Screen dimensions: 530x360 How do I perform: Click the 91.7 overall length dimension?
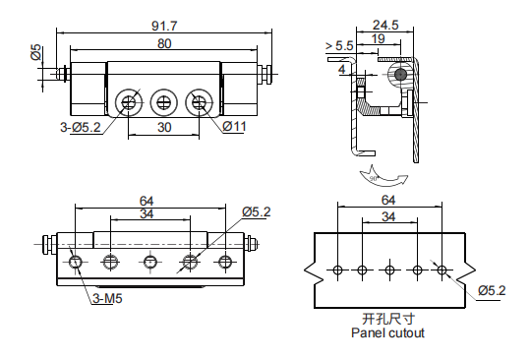point(164,26)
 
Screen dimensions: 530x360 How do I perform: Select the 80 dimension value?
point(164,44)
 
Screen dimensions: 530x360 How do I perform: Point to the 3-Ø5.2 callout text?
point(81,128)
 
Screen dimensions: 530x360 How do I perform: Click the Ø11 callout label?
point(235,127)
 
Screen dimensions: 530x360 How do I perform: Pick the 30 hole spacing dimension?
point(164,128)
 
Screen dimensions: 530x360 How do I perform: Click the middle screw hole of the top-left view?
point(163,102)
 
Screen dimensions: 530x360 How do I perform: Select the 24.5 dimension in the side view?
point(385,25)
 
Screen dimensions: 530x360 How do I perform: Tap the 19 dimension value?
point(379,39)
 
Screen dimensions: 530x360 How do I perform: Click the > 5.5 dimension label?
point(339,46)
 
